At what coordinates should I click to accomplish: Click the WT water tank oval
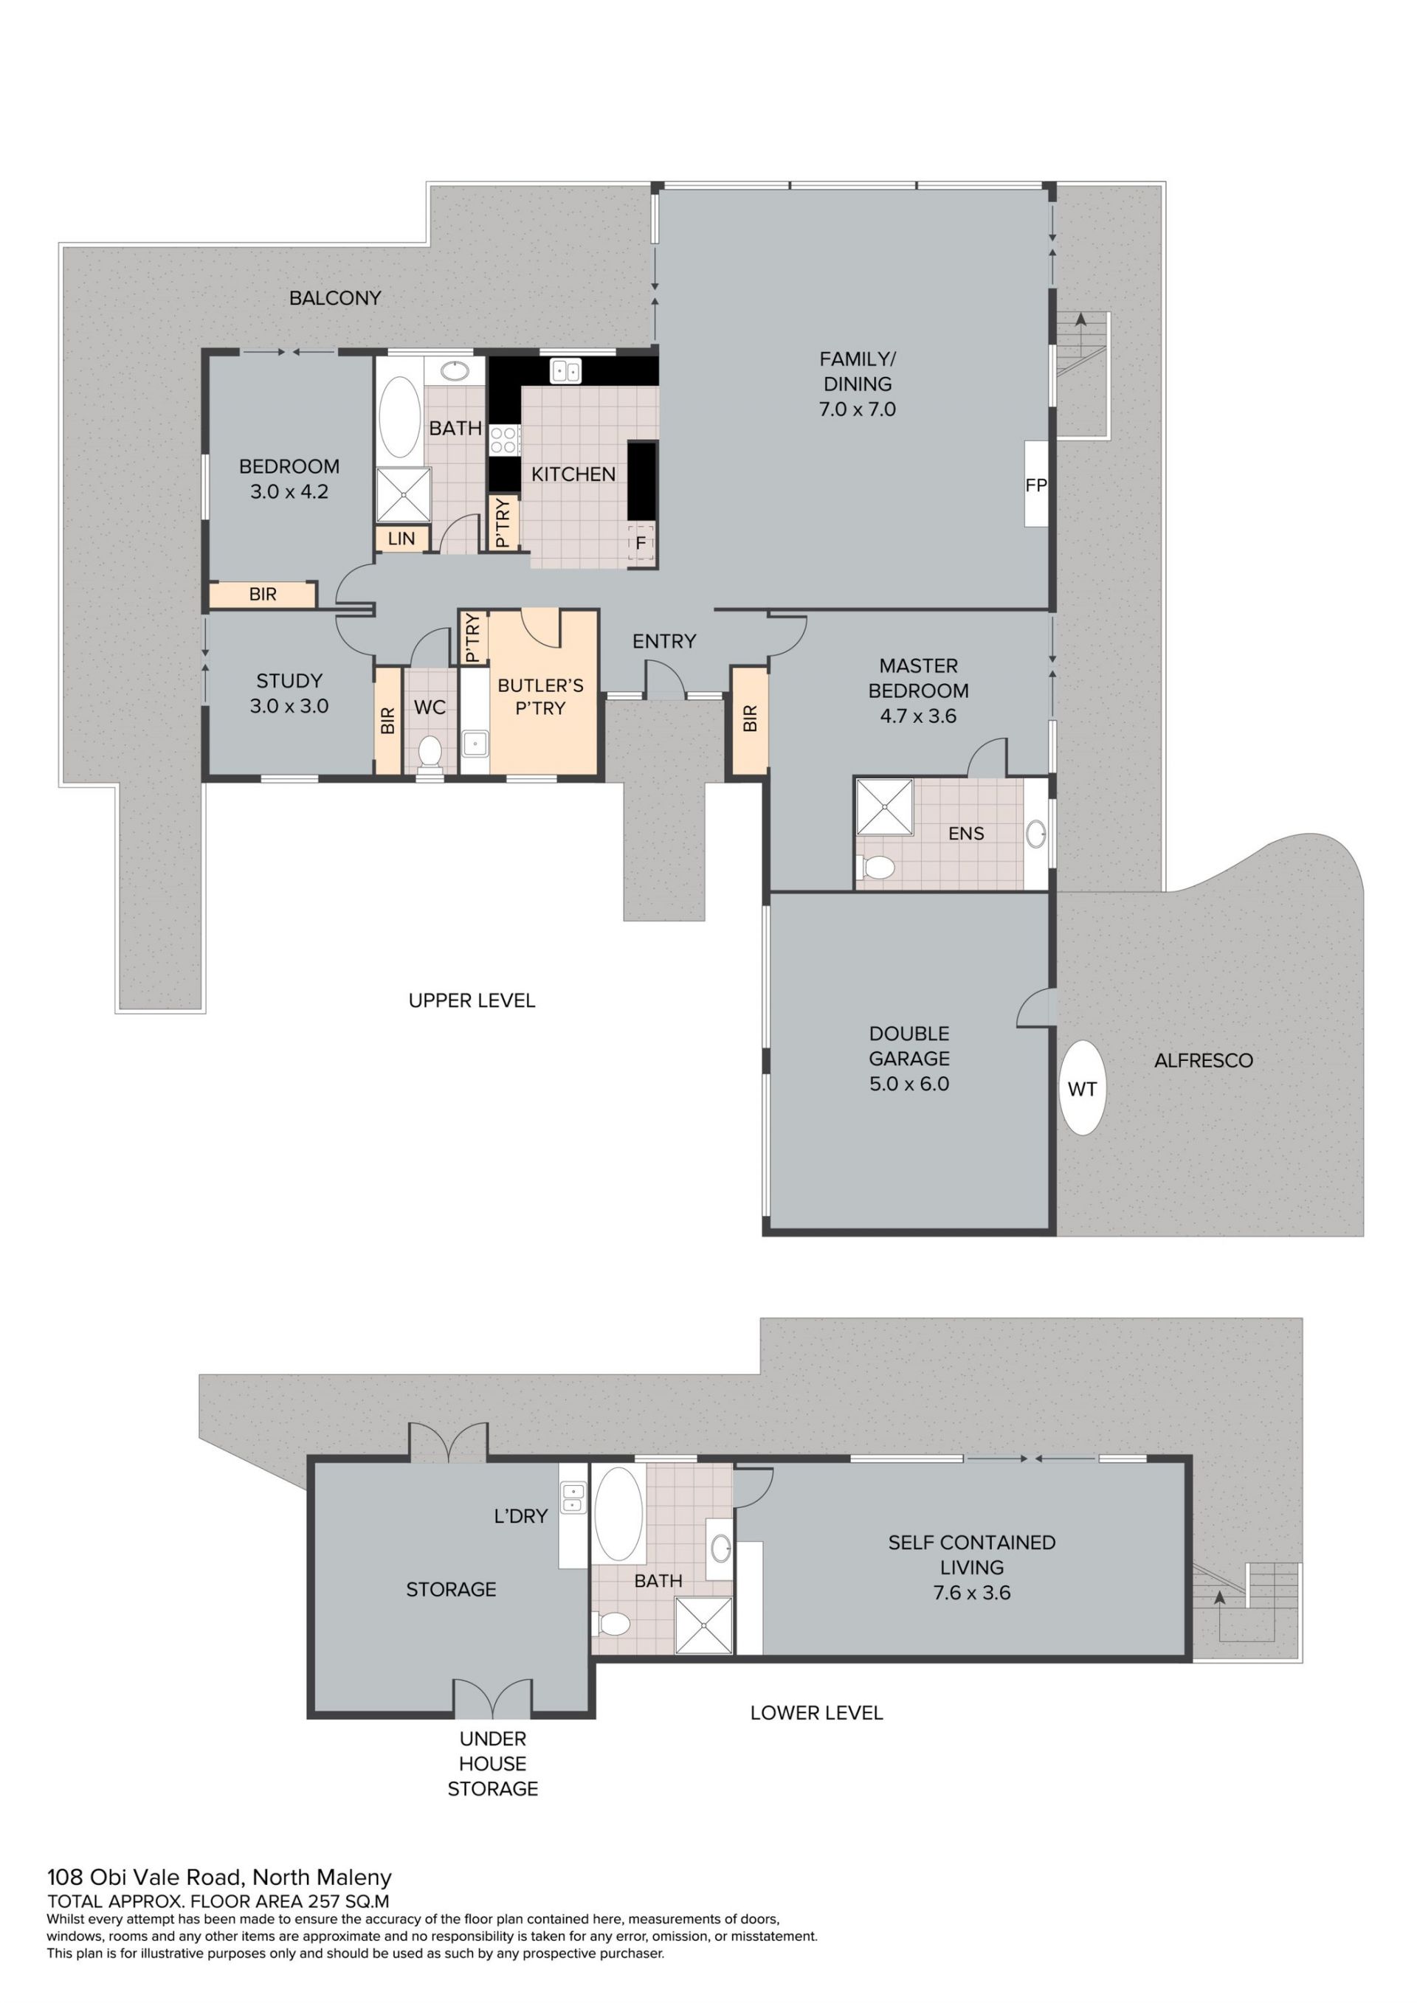(1082, 1088)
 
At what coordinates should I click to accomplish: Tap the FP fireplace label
(1035, 485)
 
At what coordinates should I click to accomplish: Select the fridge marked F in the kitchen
(641, 544)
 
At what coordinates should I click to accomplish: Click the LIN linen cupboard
(401, 539)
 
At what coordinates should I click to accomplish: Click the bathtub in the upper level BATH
(399, 418)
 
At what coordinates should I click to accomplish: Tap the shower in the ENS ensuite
(884, 807)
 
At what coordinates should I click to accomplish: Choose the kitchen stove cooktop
(504, 440)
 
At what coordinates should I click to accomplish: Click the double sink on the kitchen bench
(565, 372)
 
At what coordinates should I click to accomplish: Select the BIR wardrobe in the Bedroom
(262, 595)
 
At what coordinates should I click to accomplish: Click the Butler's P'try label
(540, 697)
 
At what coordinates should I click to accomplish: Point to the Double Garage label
(909, 1058)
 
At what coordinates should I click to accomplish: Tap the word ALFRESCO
(1203, 1061)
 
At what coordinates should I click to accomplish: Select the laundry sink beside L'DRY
(573, 1500)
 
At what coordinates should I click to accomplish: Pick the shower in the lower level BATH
(704, 1625)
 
